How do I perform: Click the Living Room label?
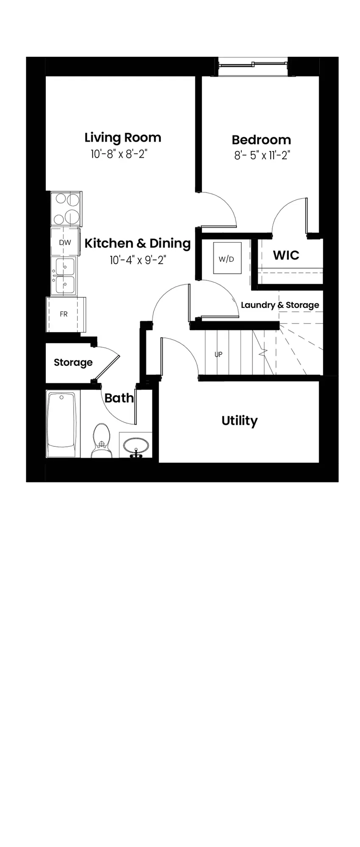(x=123, y=138)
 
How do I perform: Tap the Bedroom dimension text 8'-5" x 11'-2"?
(x=262, y=155)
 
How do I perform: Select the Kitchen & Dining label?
(x=138, y=243)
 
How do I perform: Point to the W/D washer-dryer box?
(x=227, y=258)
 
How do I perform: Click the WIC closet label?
(x=286, y=255)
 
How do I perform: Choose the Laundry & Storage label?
(x=280, y=305)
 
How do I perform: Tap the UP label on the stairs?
(x=219, y=354)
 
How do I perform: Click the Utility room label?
(x=240, y=421)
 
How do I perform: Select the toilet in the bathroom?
(x=101, y=440)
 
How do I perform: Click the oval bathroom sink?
(x=136, y=446)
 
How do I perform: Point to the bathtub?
(x=63, y=424)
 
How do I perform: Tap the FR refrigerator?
(x=66, y=314)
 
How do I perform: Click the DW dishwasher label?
(x=65, y=243)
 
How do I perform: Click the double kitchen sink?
(x=64, y=276)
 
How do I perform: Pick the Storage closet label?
(x=73, y=363)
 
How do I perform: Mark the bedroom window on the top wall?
(x=253, y=64)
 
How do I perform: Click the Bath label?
(x=119, y=398)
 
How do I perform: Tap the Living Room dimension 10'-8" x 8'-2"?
(x=119, y=154)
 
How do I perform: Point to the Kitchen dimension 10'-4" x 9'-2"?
(x=138, y=260)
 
